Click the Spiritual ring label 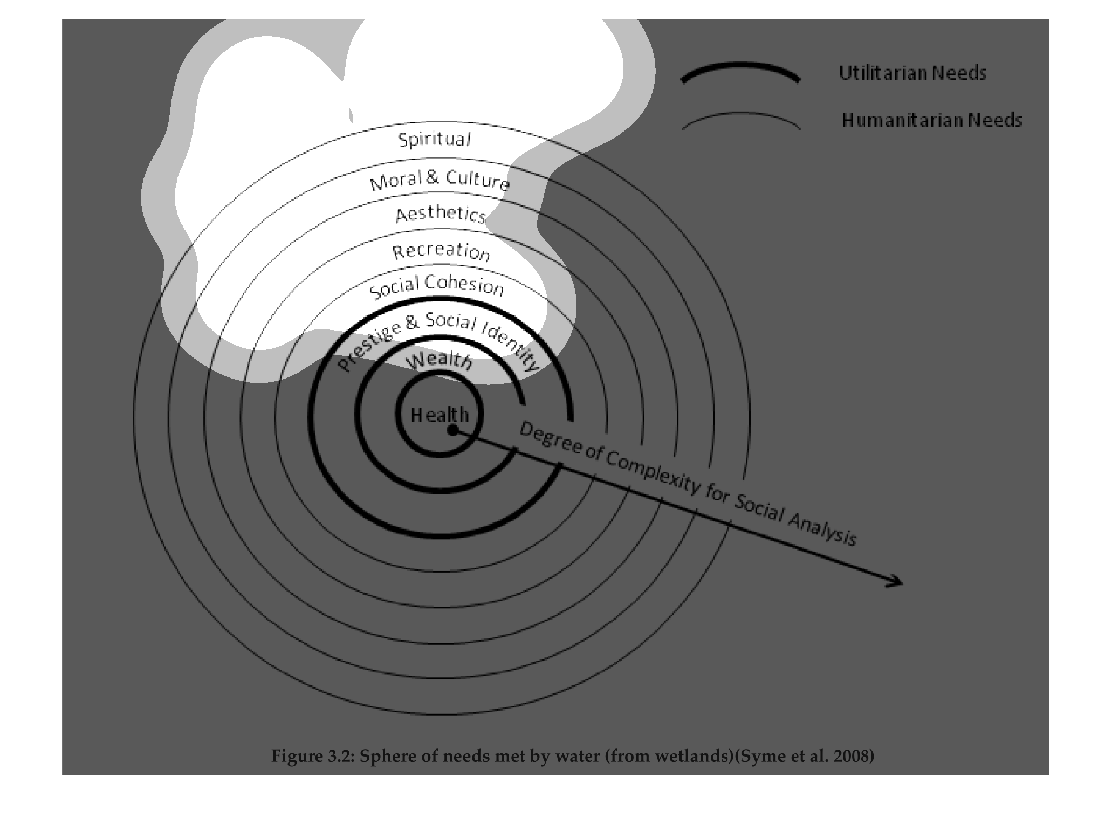pyautogui.click(x=435, y=139)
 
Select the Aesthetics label pyautogui.click(x=441, y=215)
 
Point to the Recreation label pyautogui.click(x=441, y=251)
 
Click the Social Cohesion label pyautogui.click(x=436, y=286)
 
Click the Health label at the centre pyautogui.click(x=440, y=415)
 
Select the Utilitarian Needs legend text pyautogui.click(x=912, y=73)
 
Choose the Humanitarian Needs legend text pyautogui.click(x=932, y=120)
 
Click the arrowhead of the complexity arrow pyautogui.click(x=895, y=581)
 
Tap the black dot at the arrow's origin pyautogui.click(x=453, y=430)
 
